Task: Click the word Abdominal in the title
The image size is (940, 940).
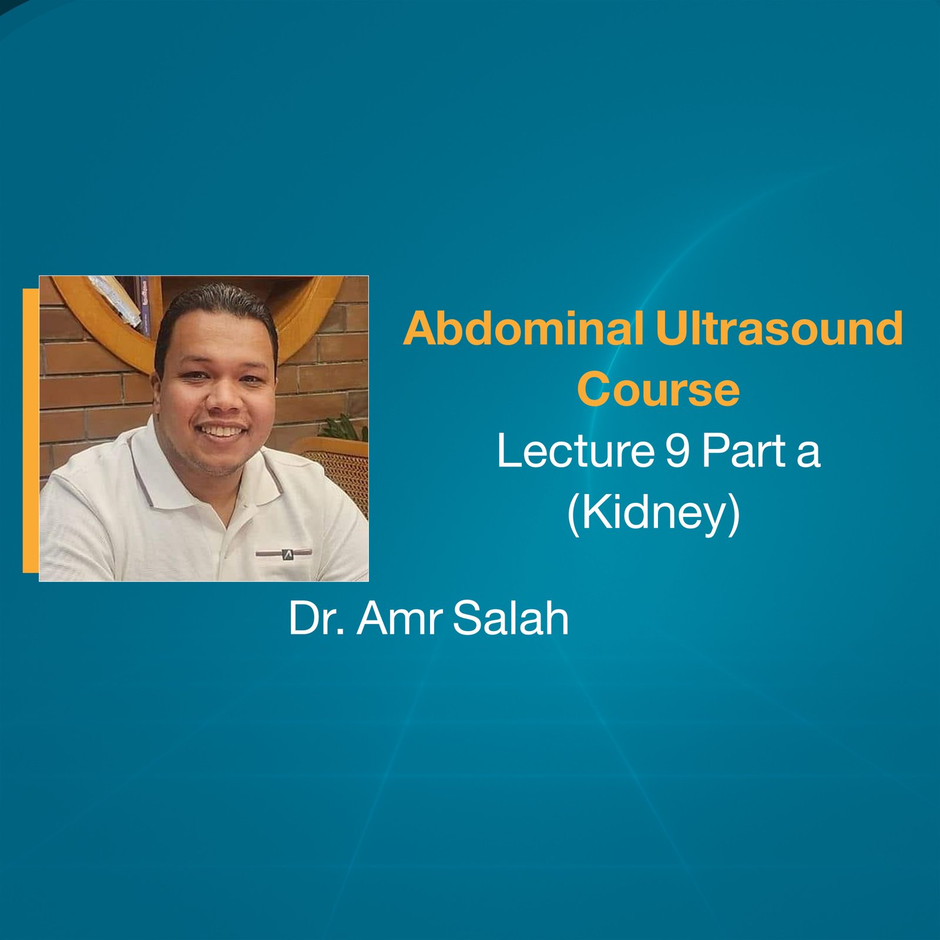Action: (x=523, y=329)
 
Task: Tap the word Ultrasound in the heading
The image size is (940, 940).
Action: (x=779, y=329)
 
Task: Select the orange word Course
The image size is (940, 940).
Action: (x=658, y=390)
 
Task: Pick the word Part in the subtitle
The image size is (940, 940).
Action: (x=744, y=451)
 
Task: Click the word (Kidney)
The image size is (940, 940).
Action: (x=653, y=513)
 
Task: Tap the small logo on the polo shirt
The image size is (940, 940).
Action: (x=287, y=553)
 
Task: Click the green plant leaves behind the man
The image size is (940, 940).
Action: (x=347, y=426)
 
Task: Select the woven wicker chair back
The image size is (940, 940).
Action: (x=344, y=476)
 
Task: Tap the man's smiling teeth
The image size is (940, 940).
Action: (x=221, y=431)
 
